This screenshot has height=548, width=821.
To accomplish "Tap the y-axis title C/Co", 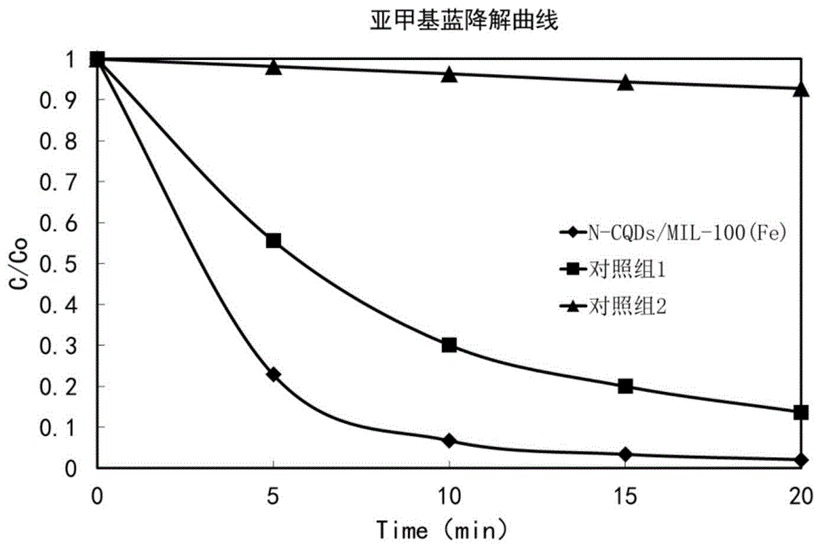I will pos(17,263).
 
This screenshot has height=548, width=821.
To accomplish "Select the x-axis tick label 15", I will pos(625,495).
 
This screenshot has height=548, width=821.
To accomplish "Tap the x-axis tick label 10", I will pos(449,495).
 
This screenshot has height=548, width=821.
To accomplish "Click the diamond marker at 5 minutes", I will pos(273,374).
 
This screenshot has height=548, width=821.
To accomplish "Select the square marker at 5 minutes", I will pos(273,240).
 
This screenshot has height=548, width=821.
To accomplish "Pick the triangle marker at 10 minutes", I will pos(449,75).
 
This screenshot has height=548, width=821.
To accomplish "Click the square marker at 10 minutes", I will pos(449,345).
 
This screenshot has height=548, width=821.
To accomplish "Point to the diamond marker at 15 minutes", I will pos(625,454).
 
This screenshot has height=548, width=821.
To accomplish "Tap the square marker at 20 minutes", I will pos(800,413).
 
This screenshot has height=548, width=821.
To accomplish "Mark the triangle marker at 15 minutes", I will pos(625,82).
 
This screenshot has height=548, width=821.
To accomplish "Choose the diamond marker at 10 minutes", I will pos(449,441).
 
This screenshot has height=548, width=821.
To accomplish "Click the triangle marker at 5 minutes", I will pos(273,66).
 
